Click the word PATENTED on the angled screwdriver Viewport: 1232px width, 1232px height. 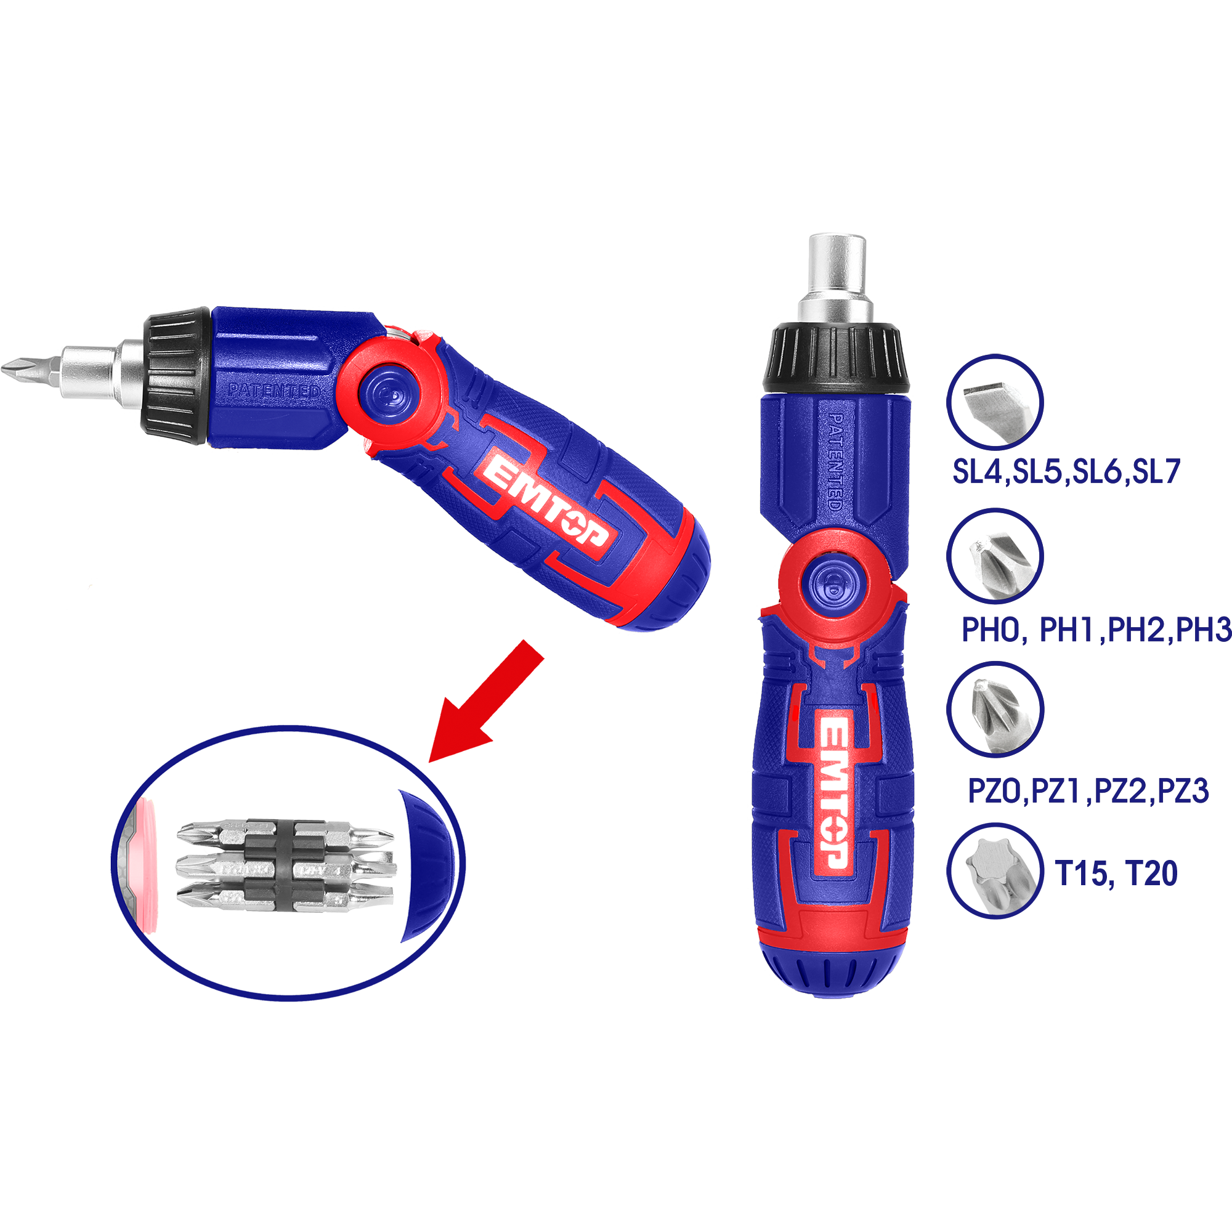[275, 391]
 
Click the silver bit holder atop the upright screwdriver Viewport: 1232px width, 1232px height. [836, 274]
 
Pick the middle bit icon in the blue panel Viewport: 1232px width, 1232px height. [997, 565]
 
